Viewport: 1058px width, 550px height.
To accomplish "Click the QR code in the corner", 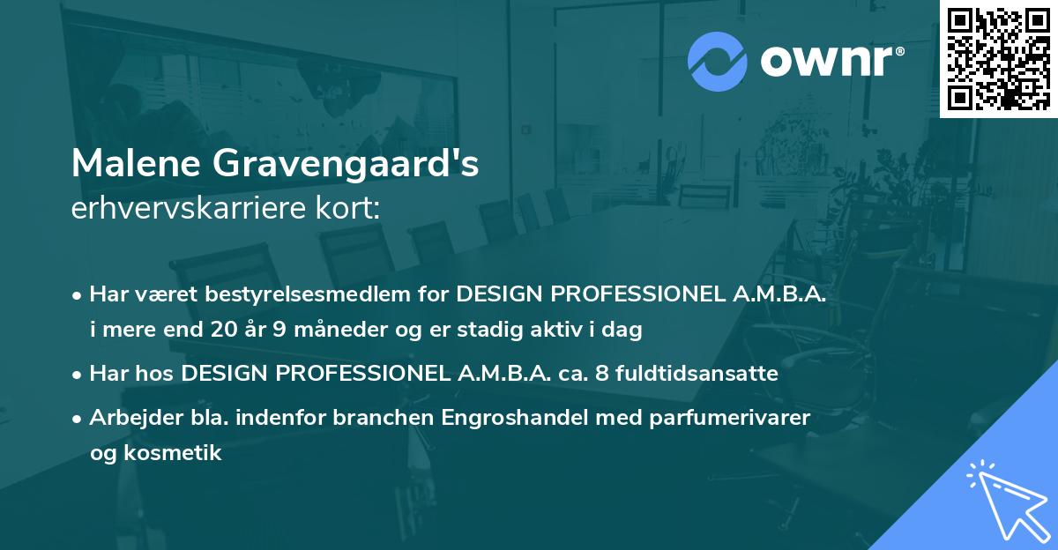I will tap(998, 59).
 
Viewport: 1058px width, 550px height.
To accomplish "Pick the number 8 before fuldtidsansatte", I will tap(601, 374).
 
